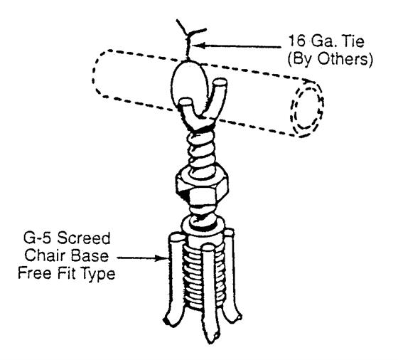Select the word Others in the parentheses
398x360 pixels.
(345, 59)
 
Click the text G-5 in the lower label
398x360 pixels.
(38, 238)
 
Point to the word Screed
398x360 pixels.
(84, 238)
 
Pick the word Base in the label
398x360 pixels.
(90, 255)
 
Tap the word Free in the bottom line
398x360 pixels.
(35, 273)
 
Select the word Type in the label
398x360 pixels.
(99, 275)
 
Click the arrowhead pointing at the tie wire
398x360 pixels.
(200, 46)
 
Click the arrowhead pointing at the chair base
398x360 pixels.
(161, 258)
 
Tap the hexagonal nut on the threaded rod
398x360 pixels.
(202, 186)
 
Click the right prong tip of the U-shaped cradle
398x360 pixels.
(220, 83)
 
